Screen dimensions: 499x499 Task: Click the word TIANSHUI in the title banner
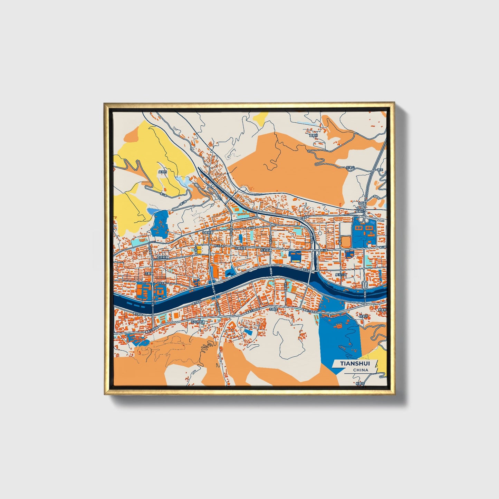355,363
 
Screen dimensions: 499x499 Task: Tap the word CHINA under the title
361,370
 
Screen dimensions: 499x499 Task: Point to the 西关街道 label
162,257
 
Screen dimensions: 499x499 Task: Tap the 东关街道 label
266,250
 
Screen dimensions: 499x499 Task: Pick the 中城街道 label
208,232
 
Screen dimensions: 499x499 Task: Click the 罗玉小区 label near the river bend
340,275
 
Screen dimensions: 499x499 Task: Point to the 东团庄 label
274,310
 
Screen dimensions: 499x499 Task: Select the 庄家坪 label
364,316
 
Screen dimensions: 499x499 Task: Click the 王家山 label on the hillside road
351,168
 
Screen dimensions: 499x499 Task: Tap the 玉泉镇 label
148,273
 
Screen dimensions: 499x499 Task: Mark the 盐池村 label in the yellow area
163,172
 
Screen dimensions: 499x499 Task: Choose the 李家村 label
382,310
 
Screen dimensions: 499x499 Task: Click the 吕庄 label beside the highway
380,170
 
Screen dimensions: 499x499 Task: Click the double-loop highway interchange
363,219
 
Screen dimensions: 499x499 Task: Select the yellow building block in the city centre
199,249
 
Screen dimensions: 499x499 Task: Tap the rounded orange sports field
346,242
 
